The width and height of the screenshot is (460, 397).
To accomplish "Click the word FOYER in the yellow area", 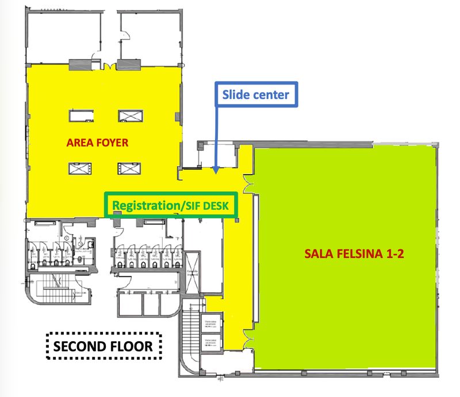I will click(x=111, y=142).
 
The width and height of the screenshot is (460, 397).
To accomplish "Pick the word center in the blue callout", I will click(x=270, y=94).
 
